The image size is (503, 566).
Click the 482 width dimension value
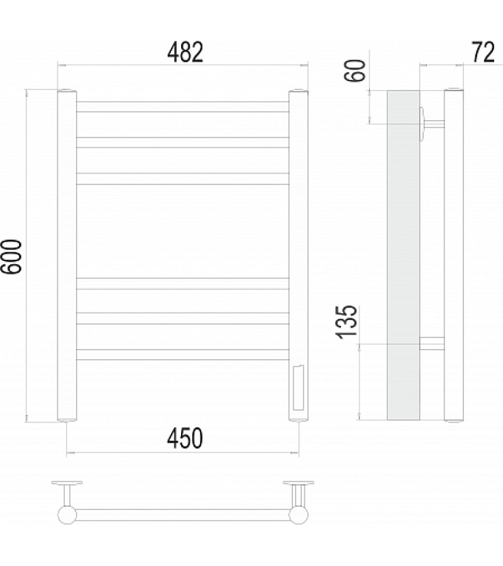[x=185, y=52]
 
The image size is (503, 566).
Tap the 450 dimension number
[x=185, y=438]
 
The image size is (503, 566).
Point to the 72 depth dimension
[x=482, y=53]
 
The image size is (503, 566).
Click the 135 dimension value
[x=348, y=321]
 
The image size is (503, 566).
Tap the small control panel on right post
[x=298, y=386]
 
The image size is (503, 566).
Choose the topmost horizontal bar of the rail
[x=182, y=107]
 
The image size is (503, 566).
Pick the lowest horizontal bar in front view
[x=182, y=354]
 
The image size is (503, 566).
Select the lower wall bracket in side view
[x=432, y=343]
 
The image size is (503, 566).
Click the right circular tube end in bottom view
[x=299, y=515]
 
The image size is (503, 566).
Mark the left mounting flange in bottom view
[x=67, y=484]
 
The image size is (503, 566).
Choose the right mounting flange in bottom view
[x=298, y=484]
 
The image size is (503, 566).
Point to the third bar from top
[x=182, y=179]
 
